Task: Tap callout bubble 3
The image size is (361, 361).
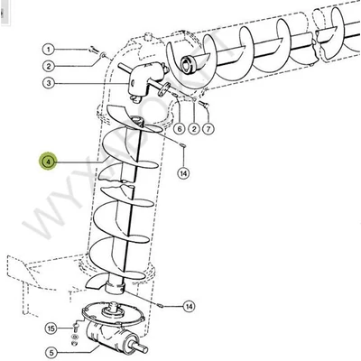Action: (49, 84)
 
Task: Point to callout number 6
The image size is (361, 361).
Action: (180, 127)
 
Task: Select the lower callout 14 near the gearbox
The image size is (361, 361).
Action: (189, 306)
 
